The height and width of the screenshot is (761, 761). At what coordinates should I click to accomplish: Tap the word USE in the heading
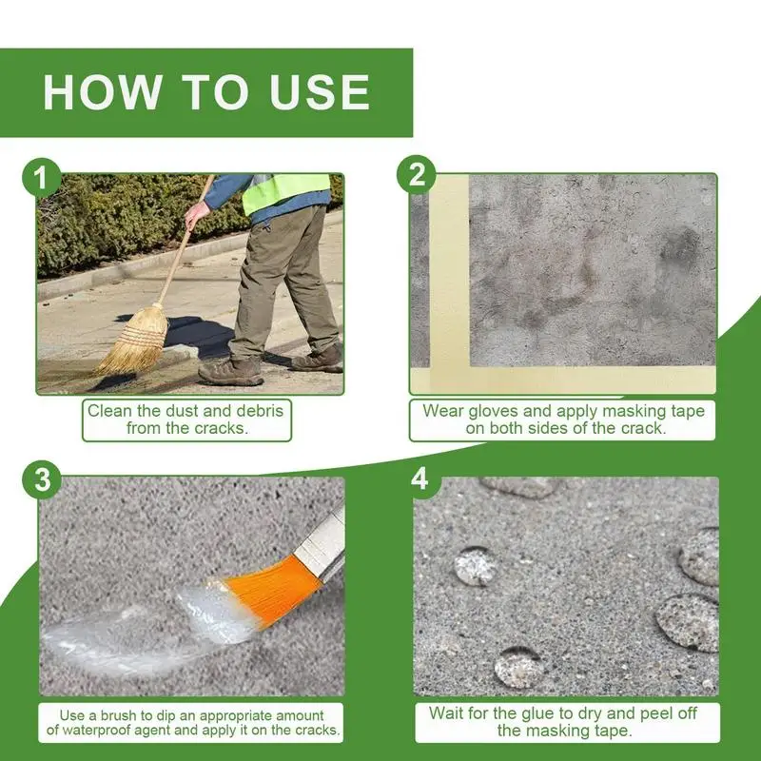pyautogui.click(x=321, y=92)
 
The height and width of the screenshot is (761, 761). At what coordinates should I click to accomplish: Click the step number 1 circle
pyautogui.click(x=42, y=178)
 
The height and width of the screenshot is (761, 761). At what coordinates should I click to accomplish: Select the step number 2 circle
pyautogui.click(x=417, y=175)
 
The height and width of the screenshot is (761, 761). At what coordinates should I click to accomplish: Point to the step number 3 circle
pyautogui.click(x=42, y=479)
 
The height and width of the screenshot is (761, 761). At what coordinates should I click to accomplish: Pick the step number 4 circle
pyautogui.click(x=420, y=478)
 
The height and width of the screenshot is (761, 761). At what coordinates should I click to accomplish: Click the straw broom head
pyautogui.click(x=133, y=340)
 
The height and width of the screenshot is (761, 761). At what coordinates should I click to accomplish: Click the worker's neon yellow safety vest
pyautogui.click(x=285, y=192)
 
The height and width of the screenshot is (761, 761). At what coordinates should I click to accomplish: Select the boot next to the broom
pyautogui.click(x=230, y=371)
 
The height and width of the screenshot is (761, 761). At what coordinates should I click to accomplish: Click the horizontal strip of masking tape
pyautogui.click(x=563, y=380)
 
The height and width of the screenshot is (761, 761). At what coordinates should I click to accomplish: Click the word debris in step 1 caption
pyautogui.click(x=260, y=411)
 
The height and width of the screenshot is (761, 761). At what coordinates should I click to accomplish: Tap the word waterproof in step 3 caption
pyautogui.click(x=101, y=730)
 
